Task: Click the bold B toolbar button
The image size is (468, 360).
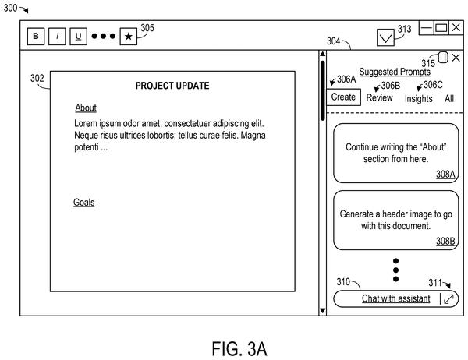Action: (36, 37)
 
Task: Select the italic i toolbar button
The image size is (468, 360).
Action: (57, 37)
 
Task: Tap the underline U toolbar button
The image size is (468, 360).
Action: (78, 37)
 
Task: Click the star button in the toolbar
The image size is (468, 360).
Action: (129, 37)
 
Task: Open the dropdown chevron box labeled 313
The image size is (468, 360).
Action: (385, 37)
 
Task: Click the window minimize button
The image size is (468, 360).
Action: (427, 28)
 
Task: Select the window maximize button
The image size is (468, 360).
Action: (441, 28)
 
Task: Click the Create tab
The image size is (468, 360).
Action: (343, 97)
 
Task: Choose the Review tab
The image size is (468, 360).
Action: (379, 98)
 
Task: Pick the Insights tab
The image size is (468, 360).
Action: (418, 99)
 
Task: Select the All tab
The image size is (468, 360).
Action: (449, 98)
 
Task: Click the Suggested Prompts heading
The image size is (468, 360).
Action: (395, 72)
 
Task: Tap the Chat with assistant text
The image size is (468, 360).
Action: (396, 298)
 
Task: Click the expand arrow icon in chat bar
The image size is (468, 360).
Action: (449, 299)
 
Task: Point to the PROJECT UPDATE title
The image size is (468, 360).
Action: (172, 86)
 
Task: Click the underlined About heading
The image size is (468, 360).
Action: (86, 108)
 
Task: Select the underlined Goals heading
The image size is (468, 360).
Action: (84, 203)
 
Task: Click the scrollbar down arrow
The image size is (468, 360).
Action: (323, 311)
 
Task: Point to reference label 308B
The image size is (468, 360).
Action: (445, 241)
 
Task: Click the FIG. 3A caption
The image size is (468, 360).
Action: (239, 349)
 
